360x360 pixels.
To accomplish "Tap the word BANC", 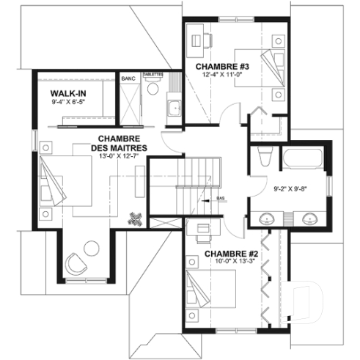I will tap(128, 76).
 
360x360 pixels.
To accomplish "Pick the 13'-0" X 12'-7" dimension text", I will tap(120, 156).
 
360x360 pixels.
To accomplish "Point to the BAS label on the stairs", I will tap(221, 199).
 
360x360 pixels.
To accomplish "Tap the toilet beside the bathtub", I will tap(265, 158).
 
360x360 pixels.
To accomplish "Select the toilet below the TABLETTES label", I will tap(153, 88).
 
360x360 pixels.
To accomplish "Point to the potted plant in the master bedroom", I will tap(135, 219).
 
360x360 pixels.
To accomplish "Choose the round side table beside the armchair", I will tap(93, 247).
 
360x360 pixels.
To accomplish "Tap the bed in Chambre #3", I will tap(268, 71).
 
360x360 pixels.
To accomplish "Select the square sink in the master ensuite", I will tap(173, 110).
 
